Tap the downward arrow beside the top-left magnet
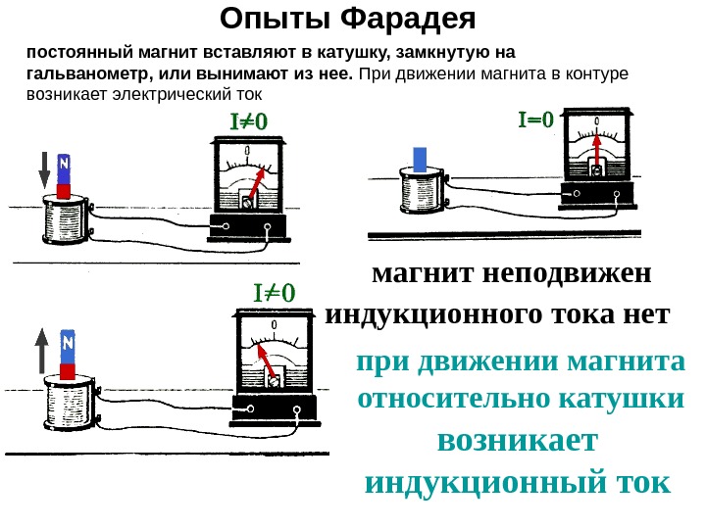coord(43,170)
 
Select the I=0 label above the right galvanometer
coord(535,120)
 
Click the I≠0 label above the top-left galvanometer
coord(248,122)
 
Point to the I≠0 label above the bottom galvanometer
coord(275,293)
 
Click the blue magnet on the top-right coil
coord(421,160)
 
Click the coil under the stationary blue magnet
coord(422,192)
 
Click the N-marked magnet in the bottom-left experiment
coord(69,352)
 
